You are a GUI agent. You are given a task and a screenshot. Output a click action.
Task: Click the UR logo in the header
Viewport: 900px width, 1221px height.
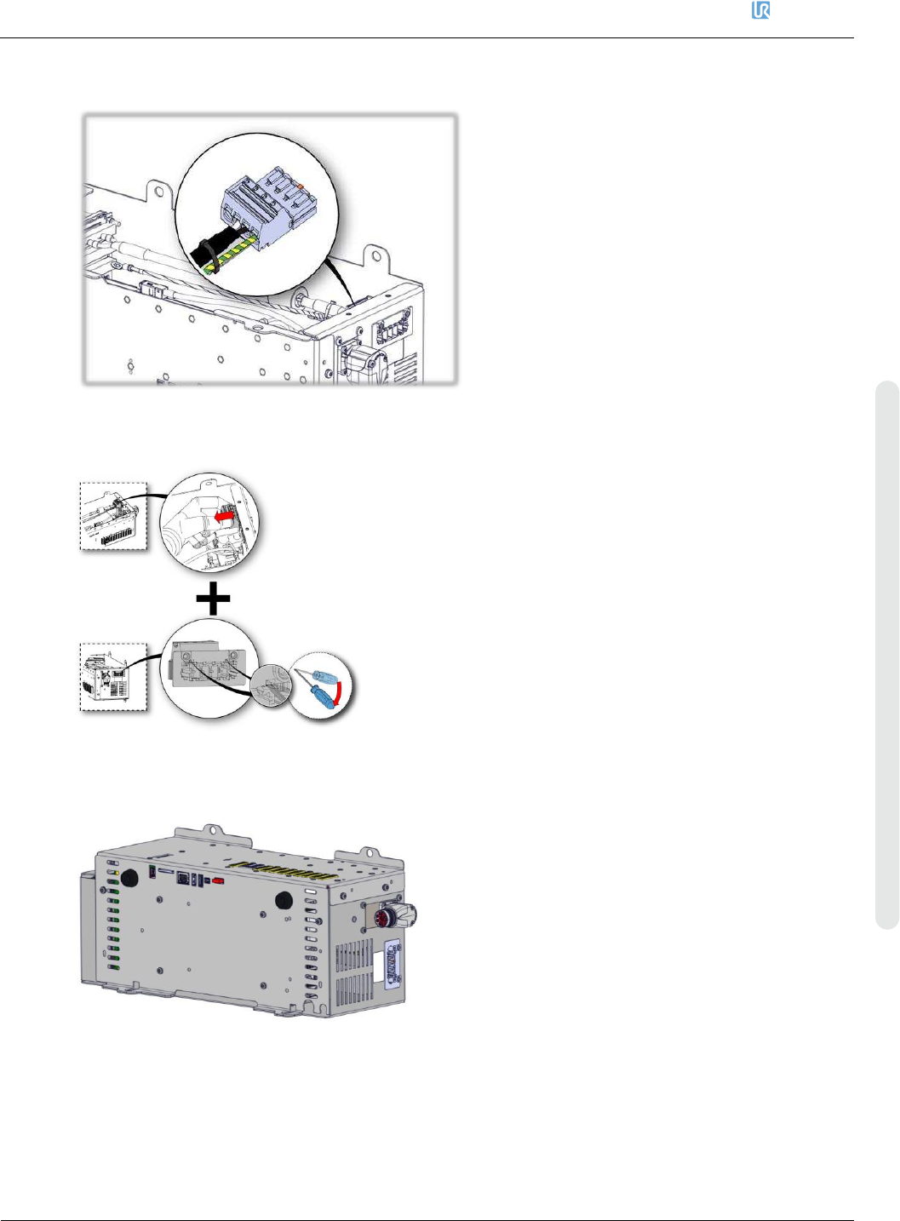[x=760, y=11]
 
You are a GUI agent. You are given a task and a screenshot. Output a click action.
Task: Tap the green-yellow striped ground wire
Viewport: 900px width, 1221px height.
[x=227, y=252]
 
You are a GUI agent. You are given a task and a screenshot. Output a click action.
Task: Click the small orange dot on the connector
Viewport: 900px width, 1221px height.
[x=301, y=186]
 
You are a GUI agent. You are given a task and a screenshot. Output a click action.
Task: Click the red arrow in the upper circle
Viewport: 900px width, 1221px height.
[x=225, y=517]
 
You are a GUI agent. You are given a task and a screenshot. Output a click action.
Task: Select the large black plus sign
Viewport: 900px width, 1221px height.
[x=213, y=599]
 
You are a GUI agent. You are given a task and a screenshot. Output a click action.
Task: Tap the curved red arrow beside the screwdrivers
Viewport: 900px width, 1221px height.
[x=341, y=693]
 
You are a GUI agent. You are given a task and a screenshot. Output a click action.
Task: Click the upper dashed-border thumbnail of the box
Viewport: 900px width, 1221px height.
[x=114, y=517]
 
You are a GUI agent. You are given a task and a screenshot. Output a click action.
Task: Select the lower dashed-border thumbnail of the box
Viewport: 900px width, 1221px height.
[x=114, y=677]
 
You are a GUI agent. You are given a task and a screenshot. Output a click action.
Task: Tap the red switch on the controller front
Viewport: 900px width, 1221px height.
[x=219, y=881]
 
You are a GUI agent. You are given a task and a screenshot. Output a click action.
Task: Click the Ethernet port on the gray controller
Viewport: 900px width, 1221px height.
[x=182, y=880]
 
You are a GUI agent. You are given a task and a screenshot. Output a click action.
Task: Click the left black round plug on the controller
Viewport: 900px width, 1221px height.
[x=129, y=878]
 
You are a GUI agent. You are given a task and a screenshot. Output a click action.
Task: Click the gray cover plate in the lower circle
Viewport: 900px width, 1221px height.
[x=209, y=664]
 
